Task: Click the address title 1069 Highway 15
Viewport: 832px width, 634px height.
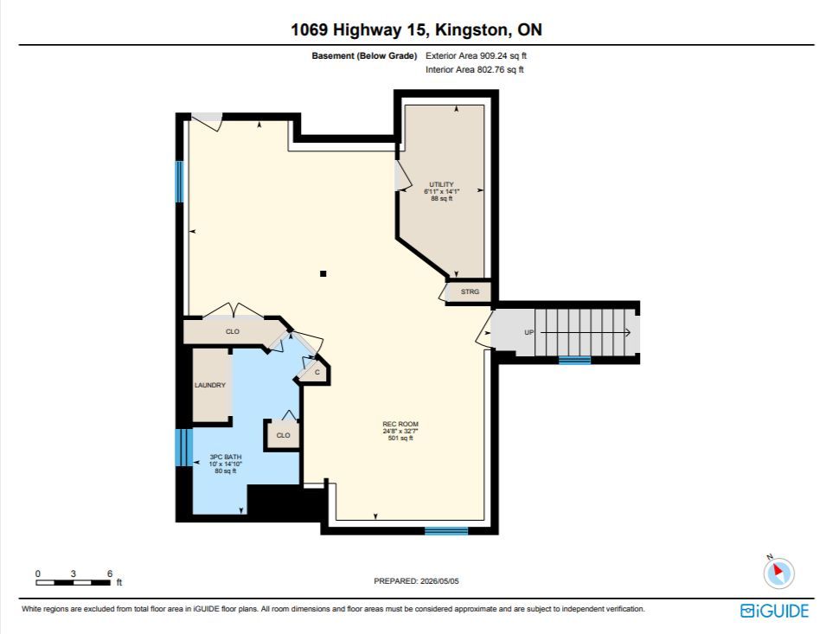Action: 358,29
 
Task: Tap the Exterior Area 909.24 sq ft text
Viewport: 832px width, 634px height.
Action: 476,55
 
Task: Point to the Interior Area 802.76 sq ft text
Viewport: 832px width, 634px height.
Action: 474,69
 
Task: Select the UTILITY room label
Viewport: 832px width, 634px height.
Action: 441,184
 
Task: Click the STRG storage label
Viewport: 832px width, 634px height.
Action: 470,291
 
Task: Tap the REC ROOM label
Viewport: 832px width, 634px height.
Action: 400,424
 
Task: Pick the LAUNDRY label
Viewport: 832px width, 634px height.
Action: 210,385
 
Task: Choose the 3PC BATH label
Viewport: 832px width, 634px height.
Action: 226,457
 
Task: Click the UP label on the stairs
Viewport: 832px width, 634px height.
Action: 529,333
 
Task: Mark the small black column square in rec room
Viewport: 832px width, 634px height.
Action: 323,274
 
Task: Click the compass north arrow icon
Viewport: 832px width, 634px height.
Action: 778,573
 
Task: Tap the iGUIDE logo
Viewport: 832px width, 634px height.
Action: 775,611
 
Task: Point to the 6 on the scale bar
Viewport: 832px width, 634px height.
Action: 110,573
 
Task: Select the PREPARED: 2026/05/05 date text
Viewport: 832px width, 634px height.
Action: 417,581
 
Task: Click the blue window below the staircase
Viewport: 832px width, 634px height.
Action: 574,361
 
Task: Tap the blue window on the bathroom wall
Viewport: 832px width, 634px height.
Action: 183,446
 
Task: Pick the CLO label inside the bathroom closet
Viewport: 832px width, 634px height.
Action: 284,435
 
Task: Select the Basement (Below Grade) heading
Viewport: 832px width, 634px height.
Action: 364,55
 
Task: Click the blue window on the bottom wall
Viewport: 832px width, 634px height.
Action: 446,530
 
